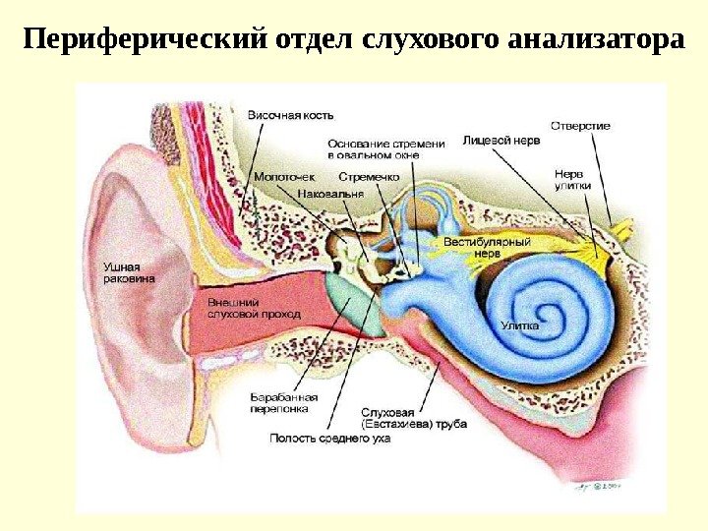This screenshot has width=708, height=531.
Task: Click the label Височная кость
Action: pyautogui.click(x=284, y=115)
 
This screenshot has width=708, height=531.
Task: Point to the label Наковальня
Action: pyautogui.click(x=329, y=194)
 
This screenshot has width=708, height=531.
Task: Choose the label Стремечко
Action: pyautogui.click(x=368, y=177)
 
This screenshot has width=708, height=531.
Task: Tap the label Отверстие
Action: pyautogui.click(x=580, y=126)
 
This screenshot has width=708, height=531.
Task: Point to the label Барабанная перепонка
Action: pyautogui.click(x=279, y=401)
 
